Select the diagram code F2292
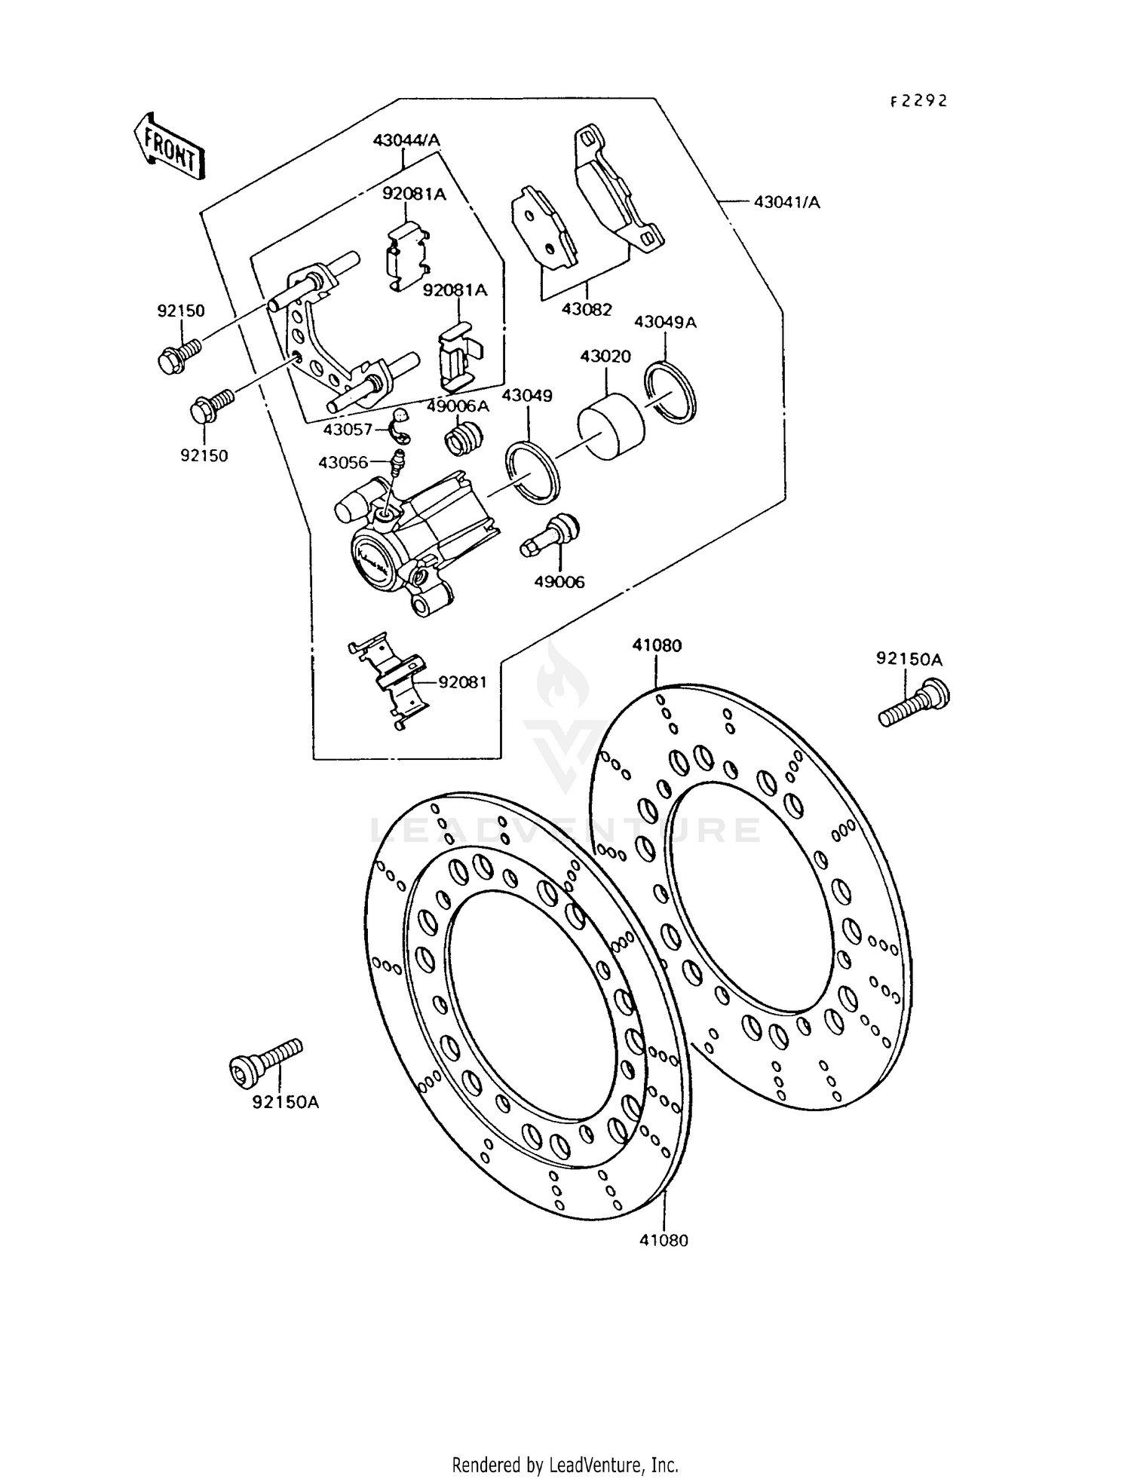click(x=918, y=101)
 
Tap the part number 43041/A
click(x=786, y=202)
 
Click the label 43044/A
click(x=406, y=140)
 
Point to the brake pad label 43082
click(x=587, y=309)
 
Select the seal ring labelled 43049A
click(x=673, y=388)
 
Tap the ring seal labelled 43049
click(x=532, y=471)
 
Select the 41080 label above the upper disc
click(x=657, y=645)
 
